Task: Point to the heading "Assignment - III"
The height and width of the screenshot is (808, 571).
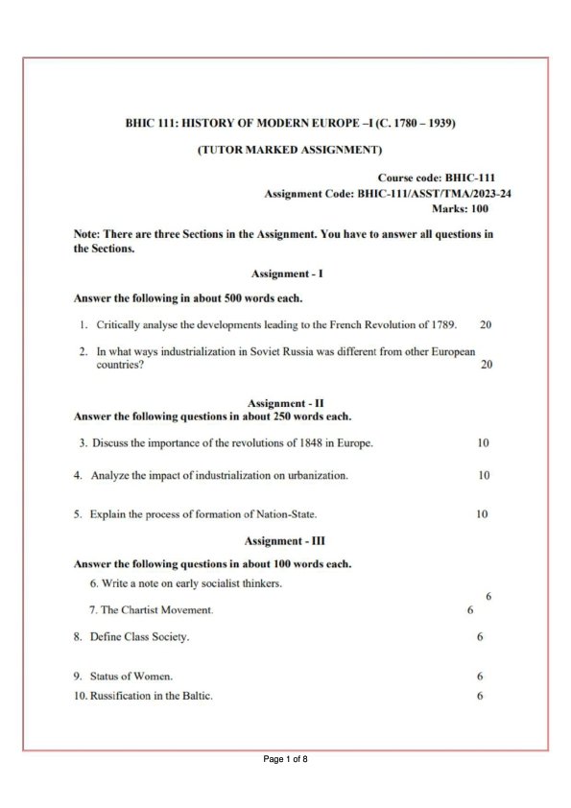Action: coord(285,541)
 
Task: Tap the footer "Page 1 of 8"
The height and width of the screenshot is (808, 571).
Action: coord(285,759)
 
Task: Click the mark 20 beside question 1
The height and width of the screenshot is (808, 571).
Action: coord(486,324)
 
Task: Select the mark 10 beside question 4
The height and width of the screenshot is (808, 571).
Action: coord(484,475)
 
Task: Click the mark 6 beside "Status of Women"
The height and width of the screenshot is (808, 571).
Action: coord(480,677)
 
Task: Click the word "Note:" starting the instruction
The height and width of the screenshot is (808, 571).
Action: coord(87,234)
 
